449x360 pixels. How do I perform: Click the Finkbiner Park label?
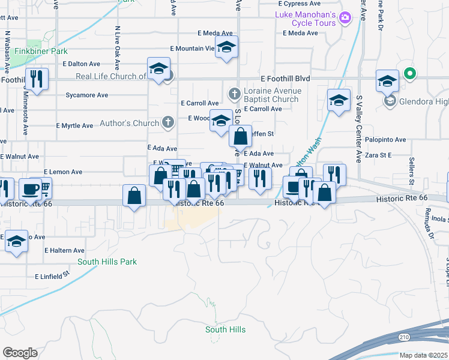[x=41, y=52]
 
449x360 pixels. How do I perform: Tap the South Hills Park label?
[x=107, y=262]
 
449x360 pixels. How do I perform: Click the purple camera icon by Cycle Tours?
[x=345, y=18]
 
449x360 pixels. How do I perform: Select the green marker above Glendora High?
[x=410, y=74]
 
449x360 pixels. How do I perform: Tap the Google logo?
[x=20, y=352]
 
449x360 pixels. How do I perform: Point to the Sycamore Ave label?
[x=86, y=95]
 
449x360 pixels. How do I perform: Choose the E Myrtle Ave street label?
[x=74, y=126]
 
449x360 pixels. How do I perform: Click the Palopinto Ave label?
[x=384, y=140]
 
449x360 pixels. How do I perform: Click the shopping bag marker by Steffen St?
[x=240, y=137]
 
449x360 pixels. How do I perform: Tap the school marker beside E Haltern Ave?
[x=16, y=241]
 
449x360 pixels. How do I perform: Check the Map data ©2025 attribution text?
[x=423, y=355]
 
